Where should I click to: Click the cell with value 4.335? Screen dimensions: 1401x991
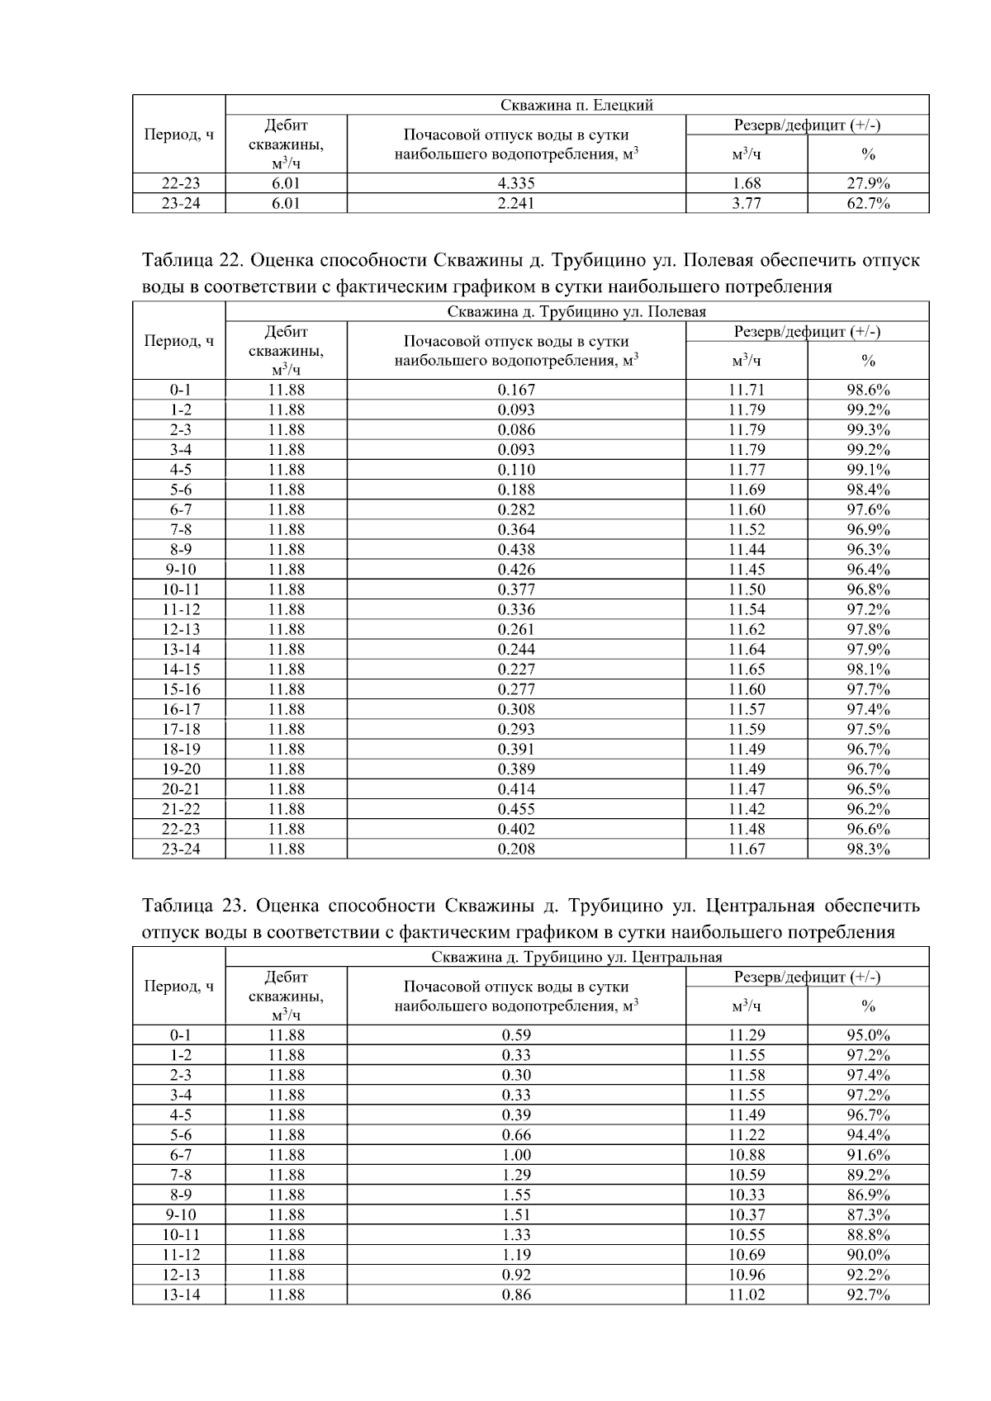[515, 183]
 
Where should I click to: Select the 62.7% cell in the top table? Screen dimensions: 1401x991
[868, 203]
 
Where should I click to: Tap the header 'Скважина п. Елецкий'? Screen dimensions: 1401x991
[576, 105]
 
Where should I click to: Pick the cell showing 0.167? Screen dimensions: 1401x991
[515, 390]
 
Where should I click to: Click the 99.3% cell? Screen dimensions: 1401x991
[868, 429]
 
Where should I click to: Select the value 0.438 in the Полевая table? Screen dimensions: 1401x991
[515, 549]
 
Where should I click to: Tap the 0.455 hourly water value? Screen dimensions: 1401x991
[515, 809]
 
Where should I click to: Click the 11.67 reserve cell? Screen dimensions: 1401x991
[746, 849]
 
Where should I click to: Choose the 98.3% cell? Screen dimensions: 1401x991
[868, 849]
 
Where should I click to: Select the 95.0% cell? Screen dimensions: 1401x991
[868, 1035]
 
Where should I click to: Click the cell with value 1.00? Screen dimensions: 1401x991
[516, 1155]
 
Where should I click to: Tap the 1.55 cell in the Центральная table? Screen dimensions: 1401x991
[516, 1195]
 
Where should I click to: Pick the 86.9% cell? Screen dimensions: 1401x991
[868, 1195]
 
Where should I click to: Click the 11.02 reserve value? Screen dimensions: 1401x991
[746, 1295]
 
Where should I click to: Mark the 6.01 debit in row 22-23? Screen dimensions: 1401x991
[286, 183]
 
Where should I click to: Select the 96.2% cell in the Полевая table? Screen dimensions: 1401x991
[868, 809]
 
